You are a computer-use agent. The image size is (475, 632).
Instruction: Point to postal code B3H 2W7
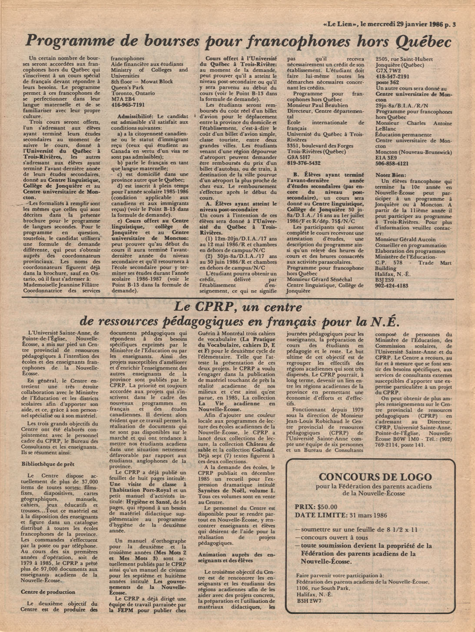309,601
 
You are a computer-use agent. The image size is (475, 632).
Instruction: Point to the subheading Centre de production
48,592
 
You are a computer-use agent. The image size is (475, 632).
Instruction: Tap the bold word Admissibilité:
135,116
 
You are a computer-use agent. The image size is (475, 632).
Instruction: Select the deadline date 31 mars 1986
363,516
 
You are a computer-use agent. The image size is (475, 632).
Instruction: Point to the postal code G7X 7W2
389,70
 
